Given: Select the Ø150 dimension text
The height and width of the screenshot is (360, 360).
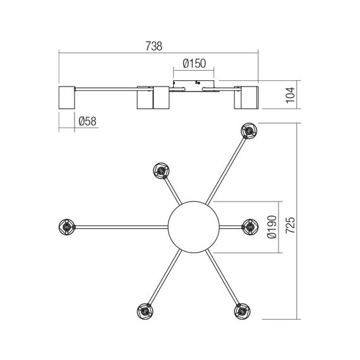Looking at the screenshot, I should [x=192, y=64].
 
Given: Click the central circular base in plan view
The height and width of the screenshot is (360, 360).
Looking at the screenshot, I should [x=194, y=225].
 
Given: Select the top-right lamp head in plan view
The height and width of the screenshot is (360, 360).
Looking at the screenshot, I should [x=248, y=132].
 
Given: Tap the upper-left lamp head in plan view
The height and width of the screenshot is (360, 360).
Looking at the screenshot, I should [x=161, y=171].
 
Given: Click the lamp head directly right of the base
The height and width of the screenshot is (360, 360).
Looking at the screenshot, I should [x=249, y=225].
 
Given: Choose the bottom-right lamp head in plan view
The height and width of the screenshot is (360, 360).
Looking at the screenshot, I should [x=241, y=311].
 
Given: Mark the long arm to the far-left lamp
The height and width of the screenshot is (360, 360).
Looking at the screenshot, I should [x=120, y=225].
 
